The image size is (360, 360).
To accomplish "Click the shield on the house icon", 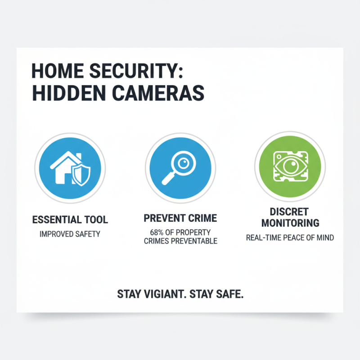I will (82, 175).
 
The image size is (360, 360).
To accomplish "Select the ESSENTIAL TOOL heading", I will (70, 220).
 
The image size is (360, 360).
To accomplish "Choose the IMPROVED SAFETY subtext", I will (70, 234).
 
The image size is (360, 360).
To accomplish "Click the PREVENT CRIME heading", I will (180, 218).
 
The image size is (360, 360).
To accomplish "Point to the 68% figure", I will (157, 233).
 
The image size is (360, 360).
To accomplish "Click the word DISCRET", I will (289, 211).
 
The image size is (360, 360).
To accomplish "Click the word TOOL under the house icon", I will (95, 220).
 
